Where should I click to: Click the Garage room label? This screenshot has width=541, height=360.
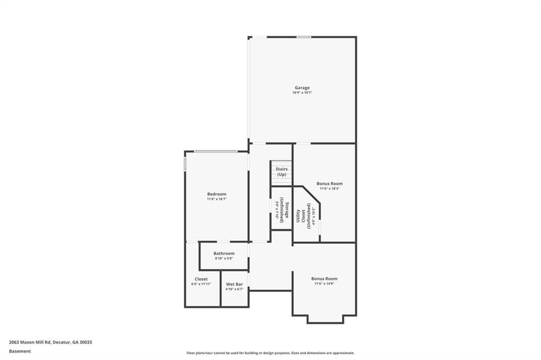(302, 88)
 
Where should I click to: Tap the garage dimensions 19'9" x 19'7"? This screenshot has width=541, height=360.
(302, 93)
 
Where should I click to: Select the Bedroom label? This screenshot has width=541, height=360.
(217, 194)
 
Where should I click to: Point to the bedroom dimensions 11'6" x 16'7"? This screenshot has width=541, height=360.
(217, 199)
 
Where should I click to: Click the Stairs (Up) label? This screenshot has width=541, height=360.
(282, 172)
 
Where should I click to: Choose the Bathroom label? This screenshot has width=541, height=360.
(224, 253)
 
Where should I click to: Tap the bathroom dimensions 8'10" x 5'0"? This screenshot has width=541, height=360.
(224, 259)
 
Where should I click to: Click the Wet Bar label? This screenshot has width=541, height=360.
(234, 284)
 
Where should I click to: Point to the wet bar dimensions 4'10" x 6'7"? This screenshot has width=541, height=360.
(234, 289)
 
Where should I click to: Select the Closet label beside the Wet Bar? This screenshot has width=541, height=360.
(201, 279)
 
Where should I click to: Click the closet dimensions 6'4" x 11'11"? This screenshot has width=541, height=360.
(201, 284)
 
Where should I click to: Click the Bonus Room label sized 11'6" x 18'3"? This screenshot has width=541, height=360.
(330, 184)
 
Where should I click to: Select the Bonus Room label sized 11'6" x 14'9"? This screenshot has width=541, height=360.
(324, 278)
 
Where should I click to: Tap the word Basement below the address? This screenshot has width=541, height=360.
(20, 351)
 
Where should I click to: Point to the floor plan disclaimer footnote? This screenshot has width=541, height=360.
(270, 353)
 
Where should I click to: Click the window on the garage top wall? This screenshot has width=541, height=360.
(303, 37)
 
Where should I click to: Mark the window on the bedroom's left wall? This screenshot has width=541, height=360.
(185, 162)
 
